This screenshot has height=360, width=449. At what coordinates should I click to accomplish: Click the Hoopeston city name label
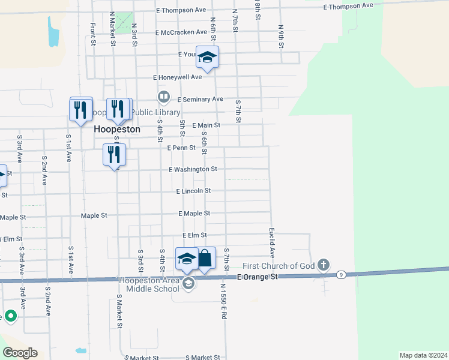117,129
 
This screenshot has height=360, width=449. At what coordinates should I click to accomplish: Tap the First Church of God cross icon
324,265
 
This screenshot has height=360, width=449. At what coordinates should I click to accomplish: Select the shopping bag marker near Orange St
205,259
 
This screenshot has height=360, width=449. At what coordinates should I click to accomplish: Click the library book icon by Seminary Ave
163,97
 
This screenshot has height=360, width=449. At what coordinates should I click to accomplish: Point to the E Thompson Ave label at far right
348,6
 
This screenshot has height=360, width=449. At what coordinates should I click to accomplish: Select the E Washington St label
193,170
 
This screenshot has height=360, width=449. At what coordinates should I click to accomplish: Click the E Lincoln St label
193,191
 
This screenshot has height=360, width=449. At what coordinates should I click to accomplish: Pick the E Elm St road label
194,235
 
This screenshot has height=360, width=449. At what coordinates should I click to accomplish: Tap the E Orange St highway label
258,277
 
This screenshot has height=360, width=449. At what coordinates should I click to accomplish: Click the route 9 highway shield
340,275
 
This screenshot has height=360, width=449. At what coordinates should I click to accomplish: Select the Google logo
20,353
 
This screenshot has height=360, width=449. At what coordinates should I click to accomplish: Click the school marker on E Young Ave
208,57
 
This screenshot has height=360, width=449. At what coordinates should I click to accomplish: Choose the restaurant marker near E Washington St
113,155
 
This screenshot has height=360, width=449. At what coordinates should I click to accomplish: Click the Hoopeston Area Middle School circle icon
189,284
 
